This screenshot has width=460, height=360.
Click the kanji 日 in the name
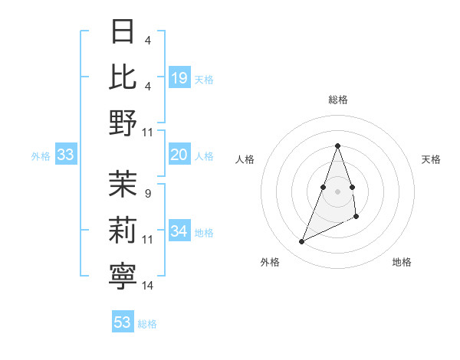click(123, 32)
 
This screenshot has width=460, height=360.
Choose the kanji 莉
click(123, 230)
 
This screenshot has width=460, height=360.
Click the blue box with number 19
click(179, 77)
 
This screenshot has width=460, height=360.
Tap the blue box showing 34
click(179, 232)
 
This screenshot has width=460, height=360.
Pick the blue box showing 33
click(66, 155)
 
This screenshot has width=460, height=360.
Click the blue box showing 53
click(123, 322)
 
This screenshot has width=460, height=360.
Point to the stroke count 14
click(148, 286)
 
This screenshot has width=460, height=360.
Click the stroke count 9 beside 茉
click(147, 193)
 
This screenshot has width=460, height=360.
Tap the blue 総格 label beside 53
click(147, 324)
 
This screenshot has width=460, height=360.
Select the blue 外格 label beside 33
click(41, 156)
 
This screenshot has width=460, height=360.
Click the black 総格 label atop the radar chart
click(337, 100)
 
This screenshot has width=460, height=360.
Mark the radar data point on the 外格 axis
click(302, 242)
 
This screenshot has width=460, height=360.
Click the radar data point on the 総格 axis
click(337, 146)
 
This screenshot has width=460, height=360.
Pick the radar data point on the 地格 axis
click(357, 218)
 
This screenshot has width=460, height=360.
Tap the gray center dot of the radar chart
click(337, 191)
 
